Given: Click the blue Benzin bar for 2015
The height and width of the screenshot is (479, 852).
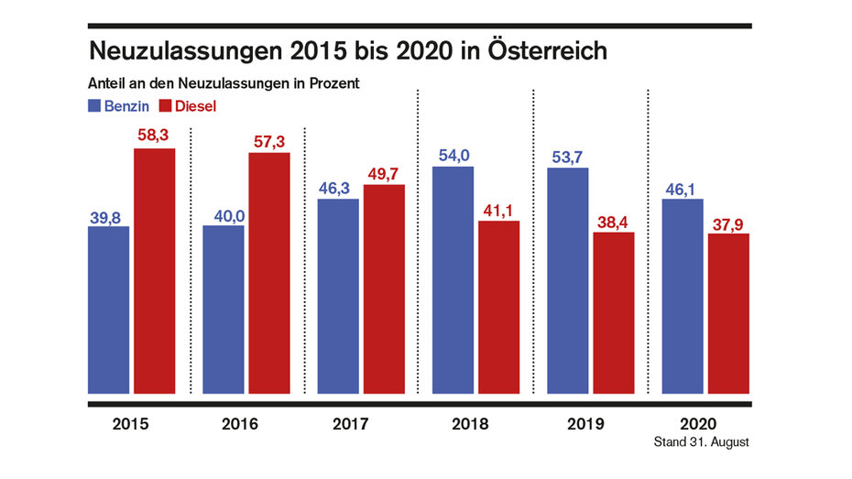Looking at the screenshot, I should [x=109, y=310].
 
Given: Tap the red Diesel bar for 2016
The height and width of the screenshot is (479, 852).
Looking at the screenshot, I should [x=269, y=274].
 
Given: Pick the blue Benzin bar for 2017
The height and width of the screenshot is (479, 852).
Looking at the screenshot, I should [x=338, y=297].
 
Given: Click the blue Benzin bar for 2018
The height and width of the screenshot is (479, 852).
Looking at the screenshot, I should [x=453, y=281].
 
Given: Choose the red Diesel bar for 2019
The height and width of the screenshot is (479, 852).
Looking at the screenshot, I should [x=613, y=314].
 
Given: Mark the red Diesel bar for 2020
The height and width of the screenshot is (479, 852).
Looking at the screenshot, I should [x=728, y=315].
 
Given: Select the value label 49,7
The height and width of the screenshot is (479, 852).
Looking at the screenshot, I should [x=384, y=173].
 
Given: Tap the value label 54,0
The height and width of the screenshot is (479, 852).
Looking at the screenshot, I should [x=453, y=154].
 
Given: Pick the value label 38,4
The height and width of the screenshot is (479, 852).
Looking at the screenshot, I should [x=613, y=221].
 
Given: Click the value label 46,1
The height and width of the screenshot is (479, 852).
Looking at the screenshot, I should [x=682, y=188].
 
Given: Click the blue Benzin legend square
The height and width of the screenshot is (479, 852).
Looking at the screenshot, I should [x=94, y=105].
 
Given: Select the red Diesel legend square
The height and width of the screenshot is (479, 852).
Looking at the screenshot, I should [x=166, y=105].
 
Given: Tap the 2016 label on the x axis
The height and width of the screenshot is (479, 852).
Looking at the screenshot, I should [x=239, y=425].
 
